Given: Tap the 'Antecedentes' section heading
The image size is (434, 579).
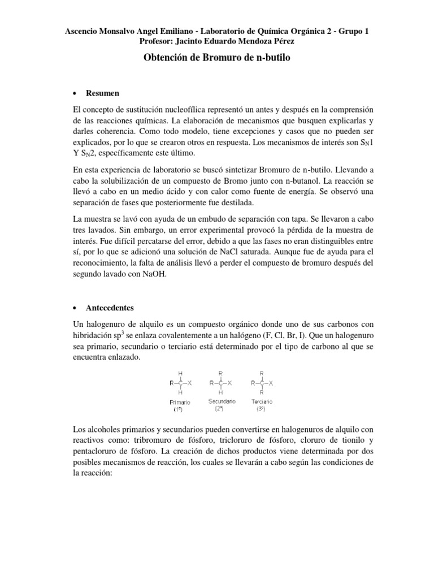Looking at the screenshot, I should [110, 308].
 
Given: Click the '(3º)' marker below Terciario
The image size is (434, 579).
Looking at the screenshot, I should [262, 408].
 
